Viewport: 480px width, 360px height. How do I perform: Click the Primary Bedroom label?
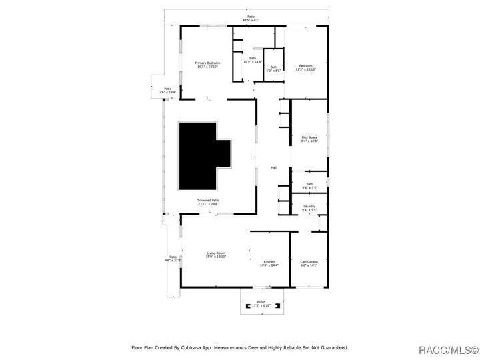208,65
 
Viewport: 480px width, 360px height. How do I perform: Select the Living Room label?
215,255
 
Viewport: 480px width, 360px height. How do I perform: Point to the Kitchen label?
269,263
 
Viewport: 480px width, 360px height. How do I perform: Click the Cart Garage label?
309,263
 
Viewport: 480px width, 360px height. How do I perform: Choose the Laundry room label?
309,208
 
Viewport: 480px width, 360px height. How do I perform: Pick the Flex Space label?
309,139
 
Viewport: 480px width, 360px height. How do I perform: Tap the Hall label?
273,167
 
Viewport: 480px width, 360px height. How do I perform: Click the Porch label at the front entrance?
261,303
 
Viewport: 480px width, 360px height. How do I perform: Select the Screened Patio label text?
208,202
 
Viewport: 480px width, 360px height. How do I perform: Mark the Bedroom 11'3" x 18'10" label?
306,67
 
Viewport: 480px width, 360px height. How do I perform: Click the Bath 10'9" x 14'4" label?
253,60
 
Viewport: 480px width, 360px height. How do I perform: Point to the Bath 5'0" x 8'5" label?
273,69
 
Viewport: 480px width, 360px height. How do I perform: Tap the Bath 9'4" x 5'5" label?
309,186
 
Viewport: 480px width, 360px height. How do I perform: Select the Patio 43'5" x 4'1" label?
251,18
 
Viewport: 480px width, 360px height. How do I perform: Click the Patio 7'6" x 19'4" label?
168,90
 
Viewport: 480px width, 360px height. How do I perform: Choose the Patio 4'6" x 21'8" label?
173,258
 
